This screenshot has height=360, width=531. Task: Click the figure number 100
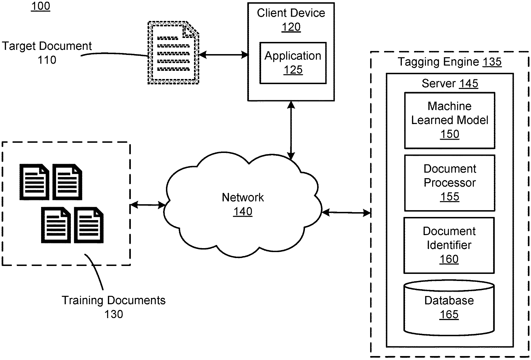click(40, 6)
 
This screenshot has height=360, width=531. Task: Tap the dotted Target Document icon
click(173, 53)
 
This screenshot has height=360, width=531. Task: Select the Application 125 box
click(293, 63)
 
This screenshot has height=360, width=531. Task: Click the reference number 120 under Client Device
click(291, 27)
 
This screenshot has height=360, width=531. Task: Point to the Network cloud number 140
click(243, 212)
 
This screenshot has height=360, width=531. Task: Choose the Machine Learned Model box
click(449, 120)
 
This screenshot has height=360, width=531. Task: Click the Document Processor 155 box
click(449, 183)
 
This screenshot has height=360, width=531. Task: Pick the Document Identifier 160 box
click(449, 245)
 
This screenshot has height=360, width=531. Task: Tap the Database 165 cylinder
click(449, 307)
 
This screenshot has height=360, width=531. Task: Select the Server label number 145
click(469, 83)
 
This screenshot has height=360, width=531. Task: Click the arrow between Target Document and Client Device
click(223, 55)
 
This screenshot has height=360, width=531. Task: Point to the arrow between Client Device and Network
click(291, 130)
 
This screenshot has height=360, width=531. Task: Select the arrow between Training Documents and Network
click(148, 205)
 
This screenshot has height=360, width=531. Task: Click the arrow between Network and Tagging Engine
click(346, 212)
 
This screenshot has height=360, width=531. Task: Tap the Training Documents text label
click(114, 300)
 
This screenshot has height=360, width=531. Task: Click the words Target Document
click(47, 46)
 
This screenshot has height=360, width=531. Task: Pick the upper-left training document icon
click(34, 182)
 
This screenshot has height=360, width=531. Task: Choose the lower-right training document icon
click(89, 225)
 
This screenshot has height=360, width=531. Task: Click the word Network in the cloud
click(243, 197)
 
